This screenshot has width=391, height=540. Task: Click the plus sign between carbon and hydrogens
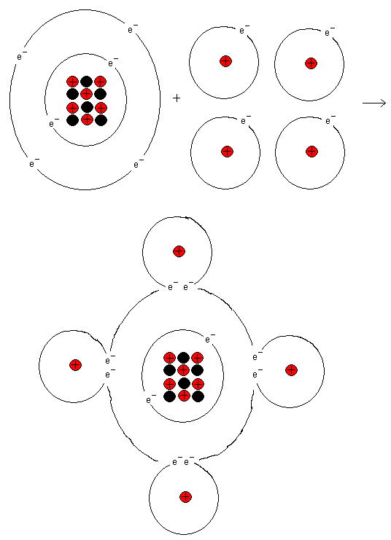pos(177,98)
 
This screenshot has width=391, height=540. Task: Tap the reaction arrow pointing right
pos(374,103)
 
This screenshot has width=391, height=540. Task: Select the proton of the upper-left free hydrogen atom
pos(226,62)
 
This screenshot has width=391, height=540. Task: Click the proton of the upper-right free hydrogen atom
pos(311,63)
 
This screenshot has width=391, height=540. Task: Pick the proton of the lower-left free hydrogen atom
pos(227,151)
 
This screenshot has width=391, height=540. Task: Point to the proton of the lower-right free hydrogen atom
pos(311,151)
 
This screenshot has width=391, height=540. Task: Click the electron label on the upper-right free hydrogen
pos(330,31)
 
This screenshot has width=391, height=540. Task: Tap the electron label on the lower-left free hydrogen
pos(246,120)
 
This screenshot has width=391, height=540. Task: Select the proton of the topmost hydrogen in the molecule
pos(179,251)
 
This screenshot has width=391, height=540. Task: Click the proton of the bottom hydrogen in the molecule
pos(185,497)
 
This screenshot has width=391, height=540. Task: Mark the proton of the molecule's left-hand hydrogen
pos(76,364)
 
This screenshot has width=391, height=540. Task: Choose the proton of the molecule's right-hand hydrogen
pos(291,370)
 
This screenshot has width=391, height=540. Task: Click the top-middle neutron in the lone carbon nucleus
pos(87,82)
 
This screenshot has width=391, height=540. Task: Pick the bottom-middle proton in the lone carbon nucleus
pos(87,120)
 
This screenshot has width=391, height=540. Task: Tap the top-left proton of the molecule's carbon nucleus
pos(169,358)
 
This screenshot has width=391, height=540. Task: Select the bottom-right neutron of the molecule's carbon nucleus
pos(198,396)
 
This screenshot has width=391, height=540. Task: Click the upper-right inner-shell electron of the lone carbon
pos(113,63)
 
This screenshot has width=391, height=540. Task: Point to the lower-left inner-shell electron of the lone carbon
pos(54,123)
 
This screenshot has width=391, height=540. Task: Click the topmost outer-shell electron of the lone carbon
pos(133,29)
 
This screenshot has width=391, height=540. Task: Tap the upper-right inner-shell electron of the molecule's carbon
pos(210,339)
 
